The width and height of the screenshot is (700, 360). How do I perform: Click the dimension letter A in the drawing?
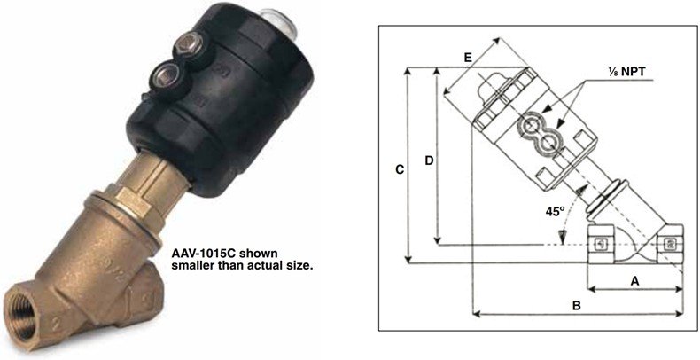[634, 281]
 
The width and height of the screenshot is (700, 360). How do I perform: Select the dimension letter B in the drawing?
[577, 306]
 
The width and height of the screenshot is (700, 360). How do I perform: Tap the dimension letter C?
[401, 170]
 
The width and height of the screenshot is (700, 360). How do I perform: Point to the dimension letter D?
[429, 160]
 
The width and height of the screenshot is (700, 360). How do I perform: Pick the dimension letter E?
[468, 58]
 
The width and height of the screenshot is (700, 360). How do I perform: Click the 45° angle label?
[556, 211]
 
